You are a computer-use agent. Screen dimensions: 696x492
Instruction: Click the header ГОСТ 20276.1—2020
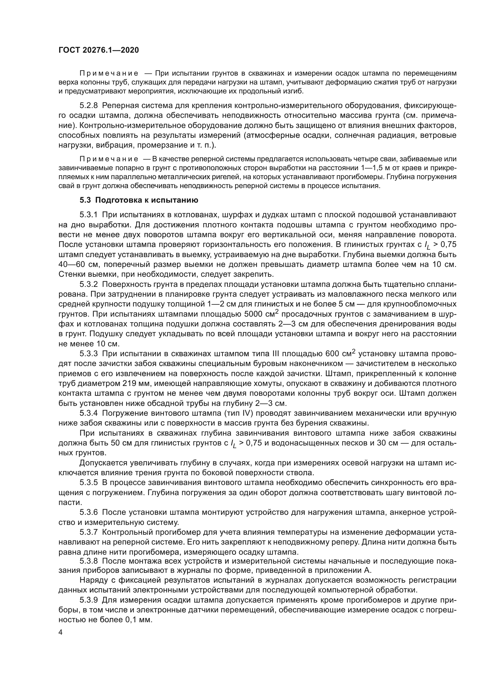[99, 50]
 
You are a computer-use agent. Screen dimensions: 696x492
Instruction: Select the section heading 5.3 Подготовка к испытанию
[139, 200]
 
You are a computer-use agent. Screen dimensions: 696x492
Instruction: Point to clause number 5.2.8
[89, 106]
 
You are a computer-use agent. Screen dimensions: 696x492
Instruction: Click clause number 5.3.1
[89, 215]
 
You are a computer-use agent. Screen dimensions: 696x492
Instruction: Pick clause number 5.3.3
[89, 354]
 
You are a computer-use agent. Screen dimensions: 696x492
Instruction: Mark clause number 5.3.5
[89, 483]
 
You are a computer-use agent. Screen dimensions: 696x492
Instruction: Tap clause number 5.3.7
[89, 532]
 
